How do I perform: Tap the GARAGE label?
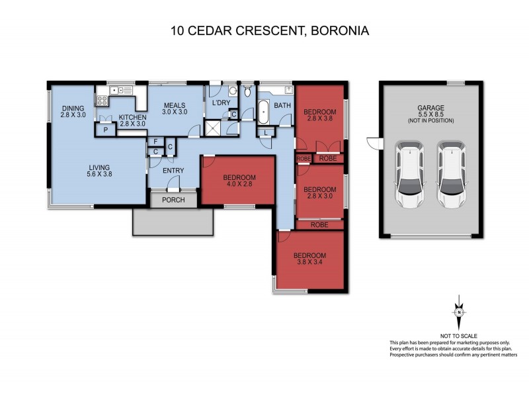430,107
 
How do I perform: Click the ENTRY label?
173,171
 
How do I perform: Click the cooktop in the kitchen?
103,101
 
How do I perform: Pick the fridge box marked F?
155,141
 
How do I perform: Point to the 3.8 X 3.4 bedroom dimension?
310,263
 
